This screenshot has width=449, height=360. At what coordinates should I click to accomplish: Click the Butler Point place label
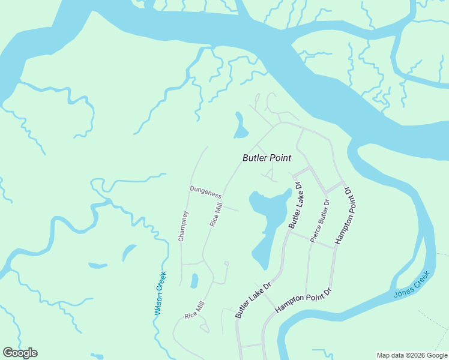click(x=267, y=158)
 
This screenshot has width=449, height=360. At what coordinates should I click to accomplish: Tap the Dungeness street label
click(x=206, y=192)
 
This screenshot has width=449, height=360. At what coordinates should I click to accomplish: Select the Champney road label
click(x=183, y=226)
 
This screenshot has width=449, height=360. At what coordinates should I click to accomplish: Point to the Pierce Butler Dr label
click(x=321, y=220)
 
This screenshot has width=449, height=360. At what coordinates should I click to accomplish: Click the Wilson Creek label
click(x=160, y=293)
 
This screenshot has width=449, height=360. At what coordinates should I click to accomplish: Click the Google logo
click(x=20, y=353)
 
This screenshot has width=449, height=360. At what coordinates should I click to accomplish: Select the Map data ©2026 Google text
click(x=411, y=355)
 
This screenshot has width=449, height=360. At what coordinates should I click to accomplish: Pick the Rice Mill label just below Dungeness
click(x=215, y=215)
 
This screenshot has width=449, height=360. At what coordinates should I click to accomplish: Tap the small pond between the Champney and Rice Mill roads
click(x=194, y=280)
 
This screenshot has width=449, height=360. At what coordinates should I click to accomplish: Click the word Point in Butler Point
click(x=280, y=158)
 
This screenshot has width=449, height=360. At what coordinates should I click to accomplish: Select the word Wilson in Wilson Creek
click(x=159, y=302)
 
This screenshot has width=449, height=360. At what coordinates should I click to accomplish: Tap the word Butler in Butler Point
click(x=254, y=158)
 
